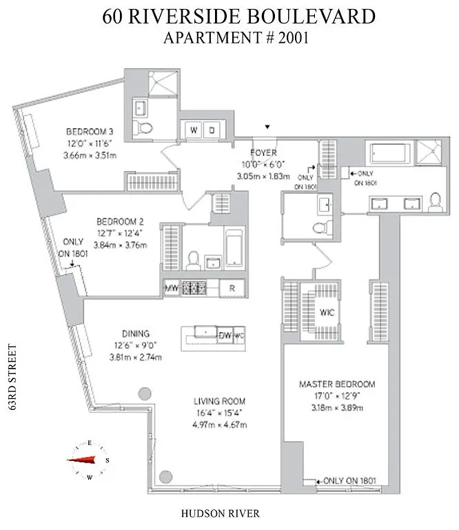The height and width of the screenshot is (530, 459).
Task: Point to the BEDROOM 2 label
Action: [120, 222]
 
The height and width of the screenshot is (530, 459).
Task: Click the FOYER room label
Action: [263, 153]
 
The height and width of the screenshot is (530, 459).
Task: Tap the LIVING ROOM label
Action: [220, 401]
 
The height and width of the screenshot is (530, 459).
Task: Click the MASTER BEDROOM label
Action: [336, 384]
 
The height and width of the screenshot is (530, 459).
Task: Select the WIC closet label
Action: [327, 312]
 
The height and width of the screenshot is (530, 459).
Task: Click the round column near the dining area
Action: [144, 393]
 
